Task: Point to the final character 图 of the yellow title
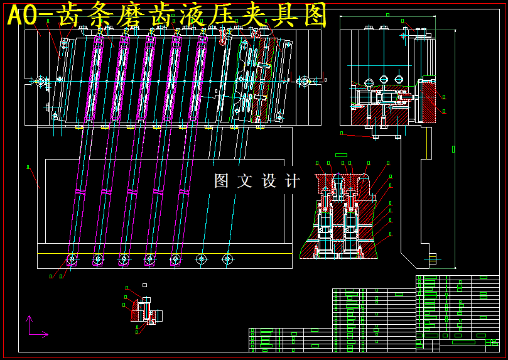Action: pos(311,15)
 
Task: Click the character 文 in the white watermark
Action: pos(244,181)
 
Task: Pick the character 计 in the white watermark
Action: pos(292,181)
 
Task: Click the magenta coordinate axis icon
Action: pos(35,328)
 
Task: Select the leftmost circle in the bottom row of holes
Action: pos(72,258)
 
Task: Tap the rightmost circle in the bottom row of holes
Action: pos(227,258)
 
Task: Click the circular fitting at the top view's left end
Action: pos(41,81)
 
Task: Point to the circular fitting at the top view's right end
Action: pos(305,81)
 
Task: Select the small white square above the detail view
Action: pos(144,285)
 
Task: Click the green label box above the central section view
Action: pos(341,155)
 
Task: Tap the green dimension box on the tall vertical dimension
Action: pos(453,149)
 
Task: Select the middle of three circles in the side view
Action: pos(384,80)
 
